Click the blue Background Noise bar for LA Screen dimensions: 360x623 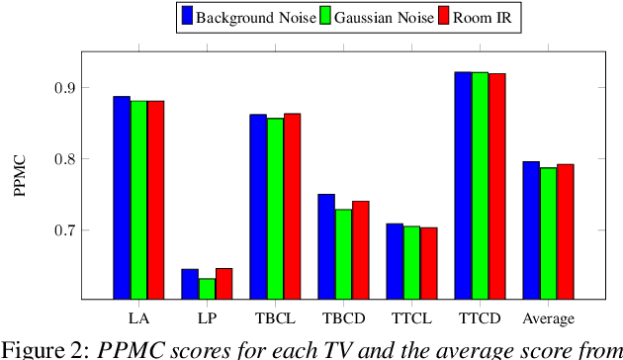(x=122, y=198)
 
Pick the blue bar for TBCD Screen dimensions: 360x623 (x=326, y=246)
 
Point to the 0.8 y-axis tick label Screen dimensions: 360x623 (x=66, y=158)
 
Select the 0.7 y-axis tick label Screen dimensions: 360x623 (x=66, y=230)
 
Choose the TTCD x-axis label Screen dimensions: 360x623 (x=480, y=318)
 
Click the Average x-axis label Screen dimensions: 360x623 (x=548, y=318)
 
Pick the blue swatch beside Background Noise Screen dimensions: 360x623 (x=185, y=16)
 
